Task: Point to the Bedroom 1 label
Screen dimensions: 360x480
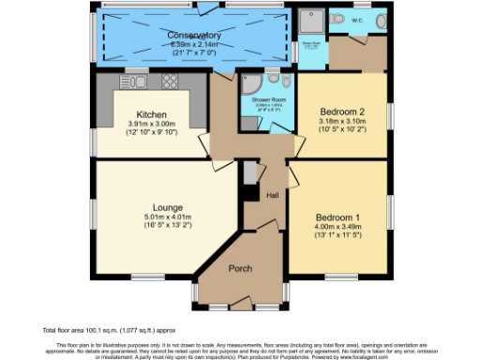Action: pyautogui.click(x=339, y=213)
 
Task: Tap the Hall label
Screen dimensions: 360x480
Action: pyautogui.click(x=273, y=196)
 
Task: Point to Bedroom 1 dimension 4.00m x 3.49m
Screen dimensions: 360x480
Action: pyautogui.click(x=339, y=225)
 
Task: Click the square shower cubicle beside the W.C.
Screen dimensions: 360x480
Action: pyautogui.click(x=310, y=21)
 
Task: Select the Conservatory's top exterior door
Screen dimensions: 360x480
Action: pyautogui.click(x=204, y=7)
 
